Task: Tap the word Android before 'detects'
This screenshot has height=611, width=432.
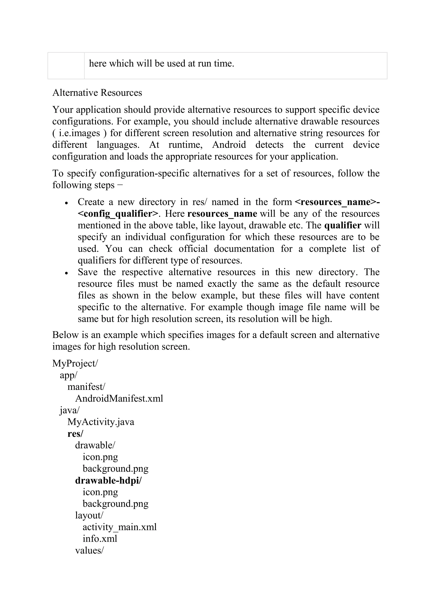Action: [x=229, y=145]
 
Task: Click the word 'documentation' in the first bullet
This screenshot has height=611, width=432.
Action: [x=244, y=249]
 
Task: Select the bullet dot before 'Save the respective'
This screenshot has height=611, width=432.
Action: [x=67, y=273]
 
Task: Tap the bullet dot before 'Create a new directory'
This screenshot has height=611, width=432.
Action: [x=67, y=203]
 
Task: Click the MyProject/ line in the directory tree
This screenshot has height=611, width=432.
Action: [x=75, y=363]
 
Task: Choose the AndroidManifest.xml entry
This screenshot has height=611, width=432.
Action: [x=119, y=398]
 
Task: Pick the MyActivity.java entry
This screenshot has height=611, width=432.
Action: [x=101, y=422]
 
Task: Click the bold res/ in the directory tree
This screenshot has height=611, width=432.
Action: [x=75, y=434]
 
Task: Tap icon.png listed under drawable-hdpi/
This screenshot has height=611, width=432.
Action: [x=100, y=492]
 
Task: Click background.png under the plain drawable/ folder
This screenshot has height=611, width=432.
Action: [x=115, y=469]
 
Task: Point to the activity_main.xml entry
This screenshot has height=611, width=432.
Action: [x=119, y=527]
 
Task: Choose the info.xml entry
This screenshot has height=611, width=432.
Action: [x=100, y=539]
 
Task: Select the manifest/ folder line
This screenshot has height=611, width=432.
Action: [x=86, y=387]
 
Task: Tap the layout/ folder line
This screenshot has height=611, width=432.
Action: [x=89, y=515]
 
